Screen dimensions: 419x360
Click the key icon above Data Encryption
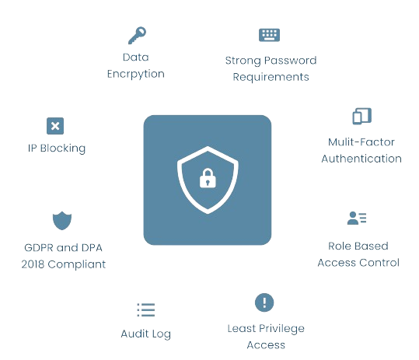137,35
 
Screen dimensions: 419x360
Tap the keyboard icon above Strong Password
269,35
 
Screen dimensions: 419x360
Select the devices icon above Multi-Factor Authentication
362,116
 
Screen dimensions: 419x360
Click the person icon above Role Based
357,218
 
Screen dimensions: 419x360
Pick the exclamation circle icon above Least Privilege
264,302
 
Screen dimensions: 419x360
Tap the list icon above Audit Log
146,309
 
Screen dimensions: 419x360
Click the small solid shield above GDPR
62,221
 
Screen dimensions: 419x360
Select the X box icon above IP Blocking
55,126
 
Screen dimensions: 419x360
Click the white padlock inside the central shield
208,178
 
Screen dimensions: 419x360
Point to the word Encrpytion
136,74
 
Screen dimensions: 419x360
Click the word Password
292,61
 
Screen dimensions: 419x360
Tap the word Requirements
271,77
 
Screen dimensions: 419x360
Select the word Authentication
361,159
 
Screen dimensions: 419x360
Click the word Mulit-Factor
361,142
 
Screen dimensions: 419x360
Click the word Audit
135,334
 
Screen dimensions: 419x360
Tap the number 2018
33,264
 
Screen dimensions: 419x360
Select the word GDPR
39,248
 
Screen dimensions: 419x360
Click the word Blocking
63,149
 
